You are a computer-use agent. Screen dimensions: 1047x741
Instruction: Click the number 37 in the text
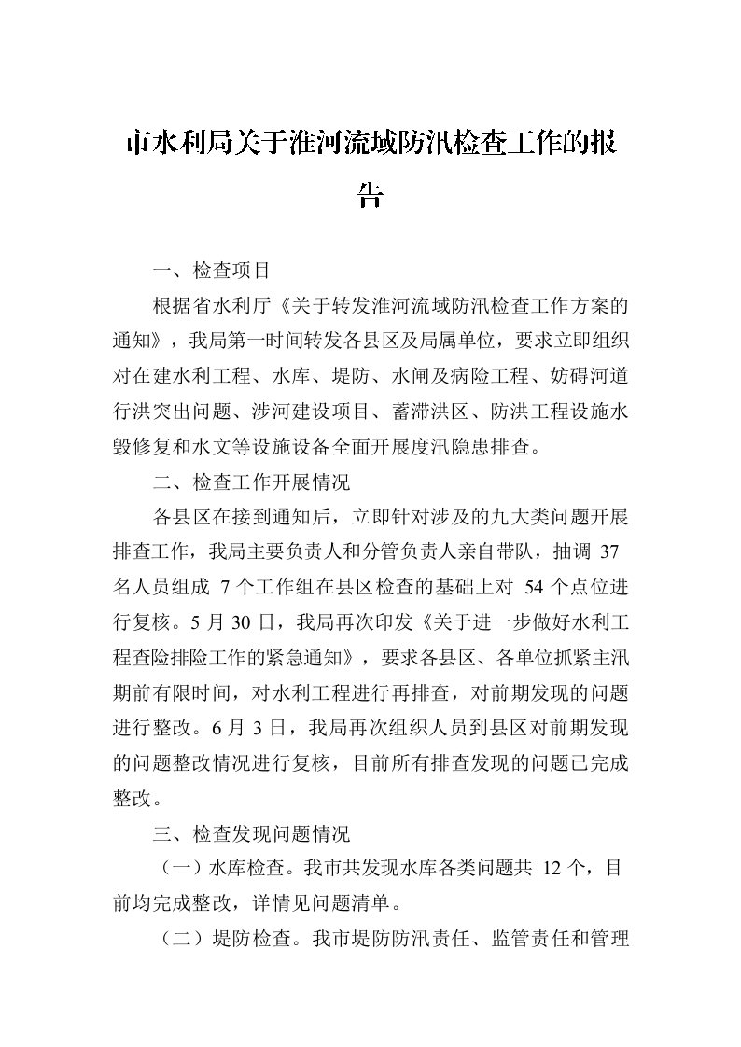pyautogui.click(x=608, y=551)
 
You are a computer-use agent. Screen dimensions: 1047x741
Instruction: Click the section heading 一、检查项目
pyautogui.click(x=212, y=271)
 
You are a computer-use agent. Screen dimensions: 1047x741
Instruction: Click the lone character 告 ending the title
pyautogui.click(x=370, y=197)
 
